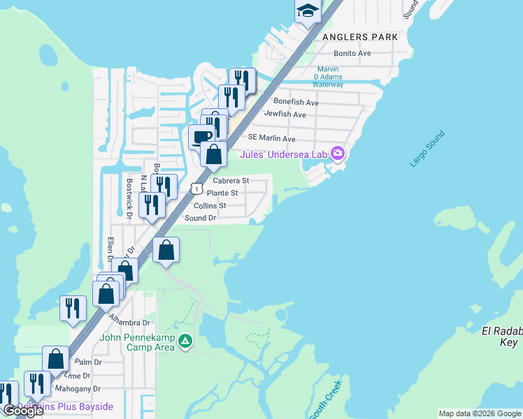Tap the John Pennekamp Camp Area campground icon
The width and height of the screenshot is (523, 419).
(x=185, y=341)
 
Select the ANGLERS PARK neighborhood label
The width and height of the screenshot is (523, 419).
(x=360, y=36)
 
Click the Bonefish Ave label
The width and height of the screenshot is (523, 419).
(x=296, y=103)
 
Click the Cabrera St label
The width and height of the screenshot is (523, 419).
(x=231, y=181)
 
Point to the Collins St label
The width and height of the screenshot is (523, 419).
(x=210, y=206)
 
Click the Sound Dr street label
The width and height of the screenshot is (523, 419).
(x=201, y=218)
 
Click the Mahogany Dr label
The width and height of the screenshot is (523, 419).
(x=79, y=389)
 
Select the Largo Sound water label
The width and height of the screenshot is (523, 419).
(x=424, y=154)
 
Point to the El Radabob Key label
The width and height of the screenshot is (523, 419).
(x=502, y=336)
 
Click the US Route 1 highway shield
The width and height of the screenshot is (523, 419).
(x=197, y=189)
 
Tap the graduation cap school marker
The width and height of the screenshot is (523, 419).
(x=307, y=10)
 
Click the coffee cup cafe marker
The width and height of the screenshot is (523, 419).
(x=201, y=136)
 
